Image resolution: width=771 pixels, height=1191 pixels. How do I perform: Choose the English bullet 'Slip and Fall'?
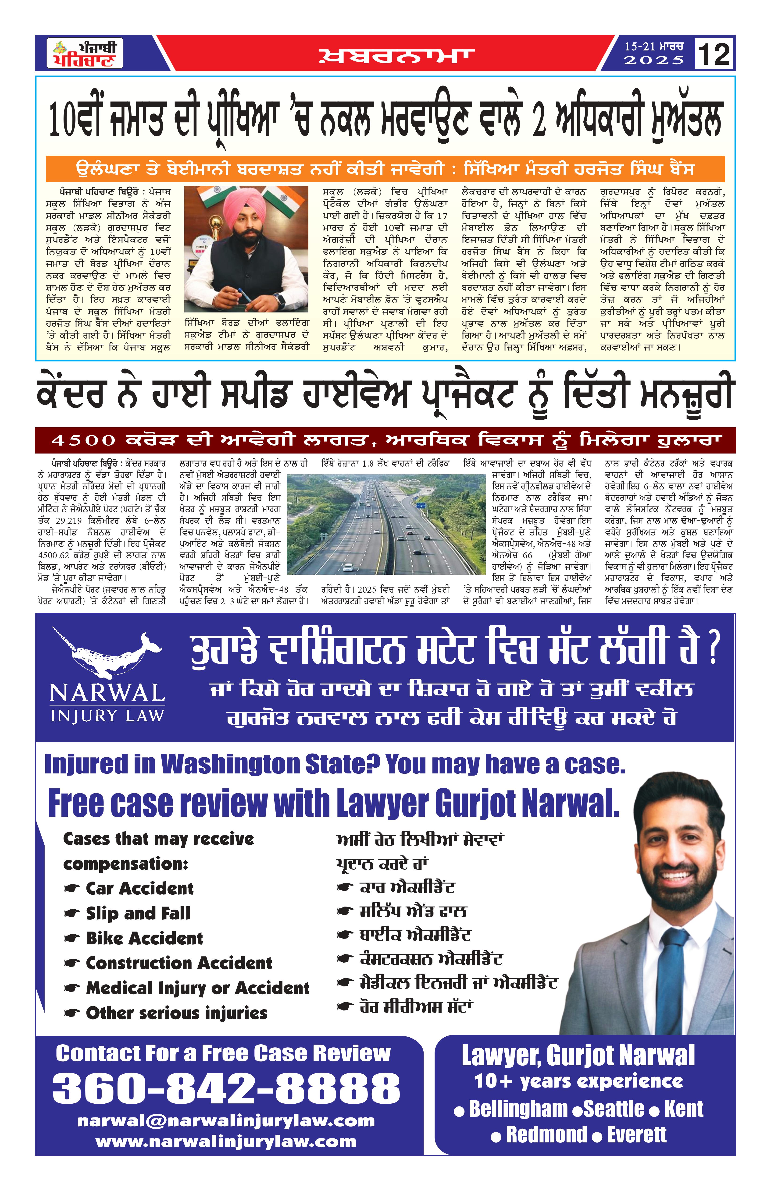pos(138,913)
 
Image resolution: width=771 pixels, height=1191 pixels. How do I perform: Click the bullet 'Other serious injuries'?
pos(176,1013)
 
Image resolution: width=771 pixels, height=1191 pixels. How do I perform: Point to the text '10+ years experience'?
pos(578,1081)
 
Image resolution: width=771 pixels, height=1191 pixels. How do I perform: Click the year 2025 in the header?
pos(653,60)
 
